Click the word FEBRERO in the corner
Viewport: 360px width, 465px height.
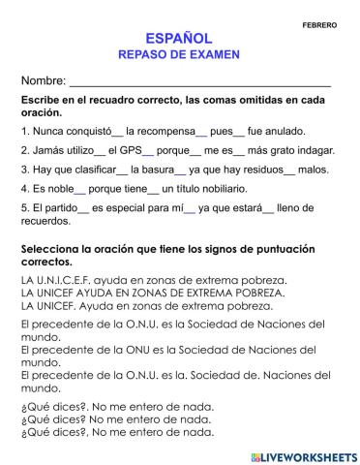pos(319,25)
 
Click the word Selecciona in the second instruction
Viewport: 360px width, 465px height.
pos(57,249)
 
